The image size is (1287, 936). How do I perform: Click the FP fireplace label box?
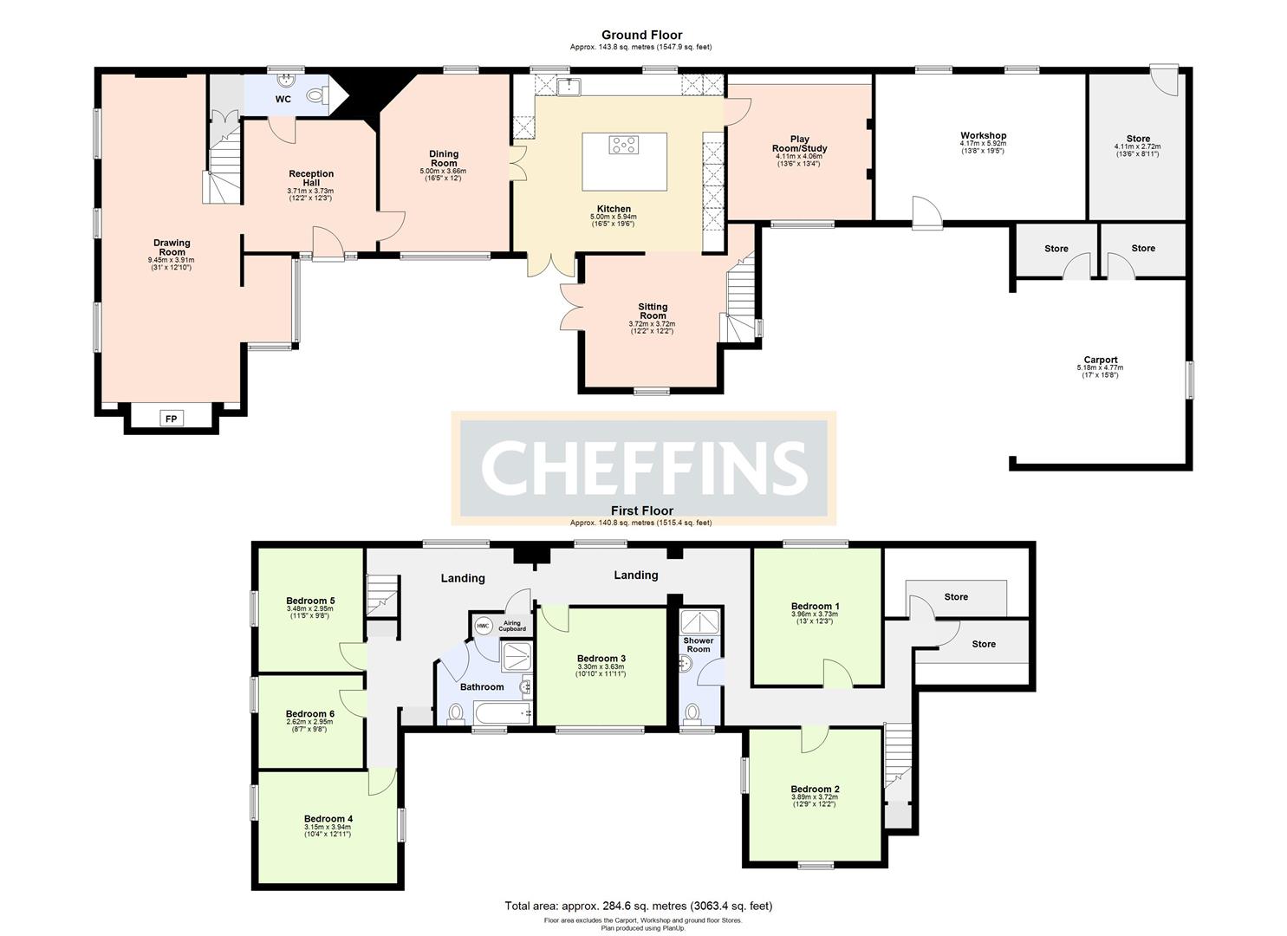(x=171, y=419)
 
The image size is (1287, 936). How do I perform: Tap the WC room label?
(x=283, y=99)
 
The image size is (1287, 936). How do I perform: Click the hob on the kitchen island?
(x=624, y=145)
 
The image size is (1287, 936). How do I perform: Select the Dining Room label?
(x=444, y=159)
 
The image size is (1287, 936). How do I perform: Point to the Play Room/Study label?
(x=799, y=144)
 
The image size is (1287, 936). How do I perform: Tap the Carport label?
(x=1100, y=360)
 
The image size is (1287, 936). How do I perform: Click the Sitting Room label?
(x=653, y=311)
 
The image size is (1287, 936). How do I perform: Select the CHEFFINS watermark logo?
(x=643, y=466)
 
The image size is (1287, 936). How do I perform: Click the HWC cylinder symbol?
(x=483, y=626)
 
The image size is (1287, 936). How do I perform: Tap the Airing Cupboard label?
(x=513, y=626)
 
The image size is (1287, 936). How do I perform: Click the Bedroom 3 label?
(x=601, y=659)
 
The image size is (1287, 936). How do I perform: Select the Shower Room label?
(x=699, y=645)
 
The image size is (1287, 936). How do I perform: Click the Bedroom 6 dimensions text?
(x=309, y=725)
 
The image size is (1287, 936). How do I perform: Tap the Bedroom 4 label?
(x=328, y=818)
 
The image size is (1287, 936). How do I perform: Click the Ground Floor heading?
(x=642, y=36)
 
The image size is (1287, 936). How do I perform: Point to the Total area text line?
(x=638, y=906)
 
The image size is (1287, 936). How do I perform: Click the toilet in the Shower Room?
(x=692, y=712)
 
